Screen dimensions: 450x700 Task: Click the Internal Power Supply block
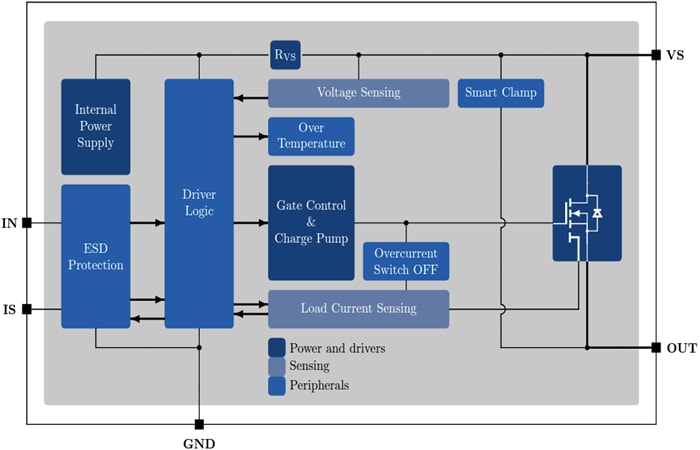pos(96,127)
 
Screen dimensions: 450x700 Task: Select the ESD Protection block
pos(96,256)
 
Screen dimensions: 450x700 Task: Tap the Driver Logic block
pos(199,204)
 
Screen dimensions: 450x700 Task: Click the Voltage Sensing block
pos(358,93)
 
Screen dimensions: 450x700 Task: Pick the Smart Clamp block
pos(500,93)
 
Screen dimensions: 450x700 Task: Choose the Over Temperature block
pos(311,136)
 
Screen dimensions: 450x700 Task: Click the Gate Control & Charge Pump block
pos(311,222)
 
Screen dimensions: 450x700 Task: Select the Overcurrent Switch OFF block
pos(405,261)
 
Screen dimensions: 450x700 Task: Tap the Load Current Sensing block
pos(358,309)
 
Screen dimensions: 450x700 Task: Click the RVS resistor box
pos(285,54)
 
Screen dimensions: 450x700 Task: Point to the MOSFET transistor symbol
pos(586,213)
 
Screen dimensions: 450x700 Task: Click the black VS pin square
pos(656,55)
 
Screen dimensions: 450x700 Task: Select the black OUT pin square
pos(656,348)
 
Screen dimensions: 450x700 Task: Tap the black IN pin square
pos(27,223)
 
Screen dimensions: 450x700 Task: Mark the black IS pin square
pos(27,309)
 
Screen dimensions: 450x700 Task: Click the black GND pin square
pos(199,424)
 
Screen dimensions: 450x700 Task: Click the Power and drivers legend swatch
pos(277,348)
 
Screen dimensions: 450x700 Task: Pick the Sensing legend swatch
pos(277,366)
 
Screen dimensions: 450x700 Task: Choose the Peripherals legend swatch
pos(277,385)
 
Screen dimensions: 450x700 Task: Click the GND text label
pos(199,442)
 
